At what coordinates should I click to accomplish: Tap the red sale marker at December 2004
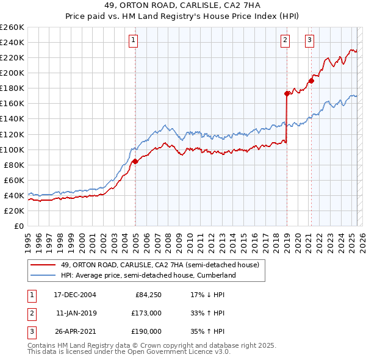click(135, 161)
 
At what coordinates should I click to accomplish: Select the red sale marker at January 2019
click(287, 93)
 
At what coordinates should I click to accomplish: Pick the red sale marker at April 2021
click(311, 80)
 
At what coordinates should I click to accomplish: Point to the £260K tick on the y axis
click(12, 27)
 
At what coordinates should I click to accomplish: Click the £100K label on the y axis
click(12, 149)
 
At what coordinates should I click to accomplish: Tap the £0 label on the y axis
click(18, 226)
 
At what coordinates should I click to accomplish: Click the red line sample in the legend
click(43, 265)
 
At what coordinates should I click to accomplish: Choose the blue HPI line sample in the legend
click(43, 275)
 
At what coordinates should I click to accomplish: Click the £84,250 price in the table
click(148, 295)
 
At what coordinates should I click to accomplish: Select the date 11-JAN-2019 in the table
click(76, 313)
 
